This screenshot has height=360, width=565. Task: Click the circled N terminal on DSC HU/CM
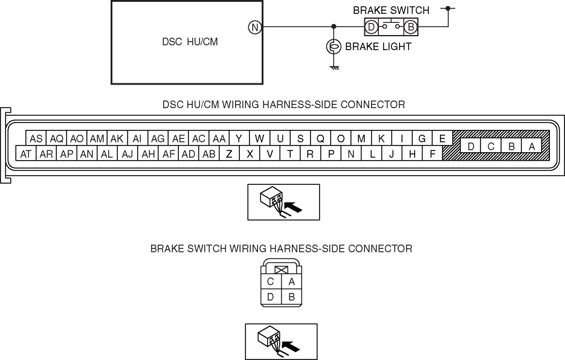click(x=255, y=27)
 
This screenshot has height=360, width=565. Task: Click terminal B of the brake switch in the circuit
click(x=411, y=27)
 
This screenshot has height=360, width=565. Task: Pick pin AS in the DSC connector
click(x=36, y=138)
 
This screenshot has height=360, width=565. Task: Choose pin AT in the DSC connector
click(x=26, y=154)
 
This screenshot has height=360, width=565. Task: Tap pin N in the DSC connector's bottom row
click(x=350, y=154)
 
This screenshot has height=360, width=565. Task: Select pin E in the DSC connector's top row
click(x=442, y=138)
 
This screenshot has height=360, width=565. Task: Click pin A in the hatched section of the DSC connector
click(x=532, y=146)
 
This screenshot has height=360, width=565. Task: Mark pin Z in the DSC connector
click(x=229, y=154)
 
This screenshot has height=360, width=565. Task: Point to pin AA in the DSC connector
click(x=219, y=138)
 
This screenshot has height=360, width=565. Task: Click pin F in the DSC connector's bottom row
click(x=433, y=154)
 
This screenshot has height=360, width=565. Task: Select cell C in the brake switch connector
click(x=270, y=281)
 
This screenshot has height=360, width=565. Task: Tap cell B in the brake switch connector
click(x=291, y=297)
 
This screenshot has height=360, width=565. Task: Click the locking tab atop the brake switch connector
click(x=280, y=269)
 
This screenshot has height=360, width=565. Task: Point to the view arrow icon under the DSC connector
click(x=283, y=202)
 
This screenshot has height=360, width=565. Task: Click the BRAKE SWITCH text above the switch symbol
click(x=391, y=10)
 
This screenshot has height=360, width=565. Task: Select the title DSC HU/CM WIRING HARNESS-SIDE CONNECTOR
click(x=283, y=104)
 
